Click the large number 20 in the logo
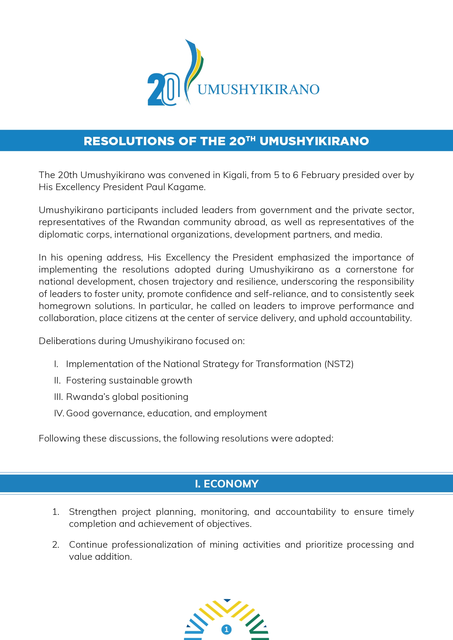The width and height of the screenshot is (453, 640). click(x=163, y=89)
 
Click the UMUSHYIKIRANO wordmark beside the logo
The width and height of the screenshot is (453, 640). click(x=258, y=89)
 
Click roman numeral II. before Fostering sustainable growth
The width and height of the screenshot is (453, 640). click(x=57, y=381)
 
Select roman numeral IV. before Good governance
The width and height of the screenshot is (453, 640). click(x=59, y=413)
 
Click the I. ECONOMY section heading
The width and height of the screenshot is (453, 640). click(x=226, y=484)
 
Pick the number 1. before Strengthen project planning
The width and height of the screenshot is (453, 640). click(x=56, y=512)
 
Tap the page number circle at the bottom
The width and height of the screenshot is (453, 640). click(x=226, y=629)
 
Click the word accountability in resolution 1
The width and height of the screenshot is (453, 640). click(x=306, y=512)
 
